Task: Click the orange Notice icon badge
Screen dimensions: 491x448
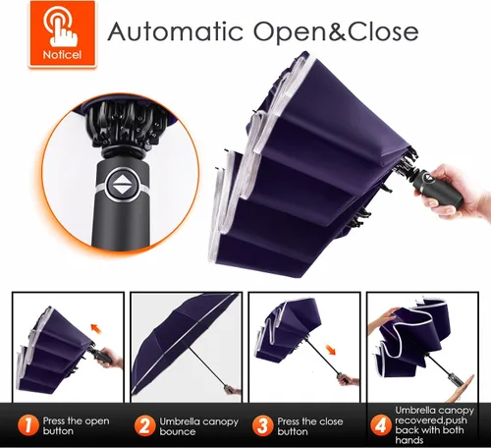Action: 63,33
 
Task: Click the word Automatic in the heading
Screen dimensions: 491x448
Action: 176,31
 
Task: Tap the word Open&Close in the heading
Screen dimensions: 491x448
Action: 336,31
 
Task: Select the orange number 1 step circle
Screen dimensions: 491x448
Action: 28,425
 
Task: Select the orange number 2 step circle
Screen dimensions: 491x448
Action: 144,426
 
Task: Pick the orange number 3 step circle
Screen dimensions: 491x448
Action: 262,426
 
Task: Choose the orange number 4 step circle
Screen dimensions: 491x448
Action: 381,426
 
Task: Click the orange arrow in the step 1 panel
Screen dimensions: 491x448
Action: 96,328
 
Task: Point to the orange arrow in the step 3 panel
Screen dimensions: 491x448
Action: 331,350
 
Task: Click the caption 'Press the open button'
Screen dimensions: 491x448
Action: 76,425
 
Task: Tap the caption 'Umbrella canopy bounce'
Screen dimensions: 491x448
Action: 198,426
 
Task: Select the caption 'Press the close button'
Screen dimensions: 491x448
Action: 310,426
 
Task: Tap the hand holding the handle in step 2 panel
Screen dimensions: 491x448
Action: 233,390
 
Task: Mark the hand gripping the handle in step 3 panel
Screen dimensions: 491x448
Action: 349,381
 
